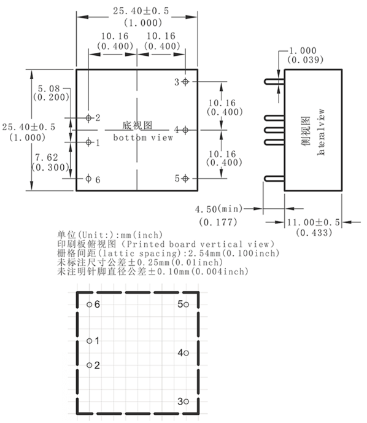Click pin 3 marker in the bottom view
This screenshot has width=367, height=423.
coord(185,82)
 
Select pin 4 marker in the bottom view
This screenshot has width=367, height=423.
coord(185,130)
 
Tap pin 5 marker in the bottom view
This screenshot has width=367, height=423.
coord(185,178)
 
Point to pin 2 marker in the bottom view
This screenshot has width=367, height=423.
coord(88,118)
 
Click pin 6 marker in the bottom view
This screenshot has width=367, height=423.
coord(88,178)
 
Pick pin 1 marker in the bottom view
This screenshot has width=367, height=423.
coord(88,142)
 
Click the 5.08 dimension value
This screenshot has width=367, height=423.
coord(48,88)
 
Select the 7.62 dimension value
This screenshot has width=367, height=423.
coord(47,157)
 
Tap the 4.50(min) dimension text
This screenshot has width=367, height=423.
coord(218,209)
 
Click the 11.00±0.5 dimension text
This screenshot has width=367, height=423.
coord(313,222)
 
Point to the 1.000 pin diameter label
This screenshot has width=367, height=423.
coord(303,50)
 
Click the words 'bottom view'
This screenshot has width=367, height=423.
coord(143,138)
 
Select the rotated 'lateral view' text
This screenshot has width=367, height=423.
coord(321,131)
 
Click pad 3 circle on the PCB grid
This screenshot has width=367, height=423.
coord(186,402)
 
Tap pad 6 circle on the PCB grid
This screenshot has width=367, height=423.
coord(89,305)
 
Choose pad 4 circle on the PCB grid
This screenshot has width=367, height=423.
coord(186,353)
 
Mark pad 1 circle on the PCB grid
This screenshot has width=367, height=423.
coord(89,341)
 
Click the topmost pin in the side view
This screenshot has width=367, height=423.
coord(274,82)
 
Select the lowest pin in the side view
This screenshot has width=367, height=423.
coord(274,178)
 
